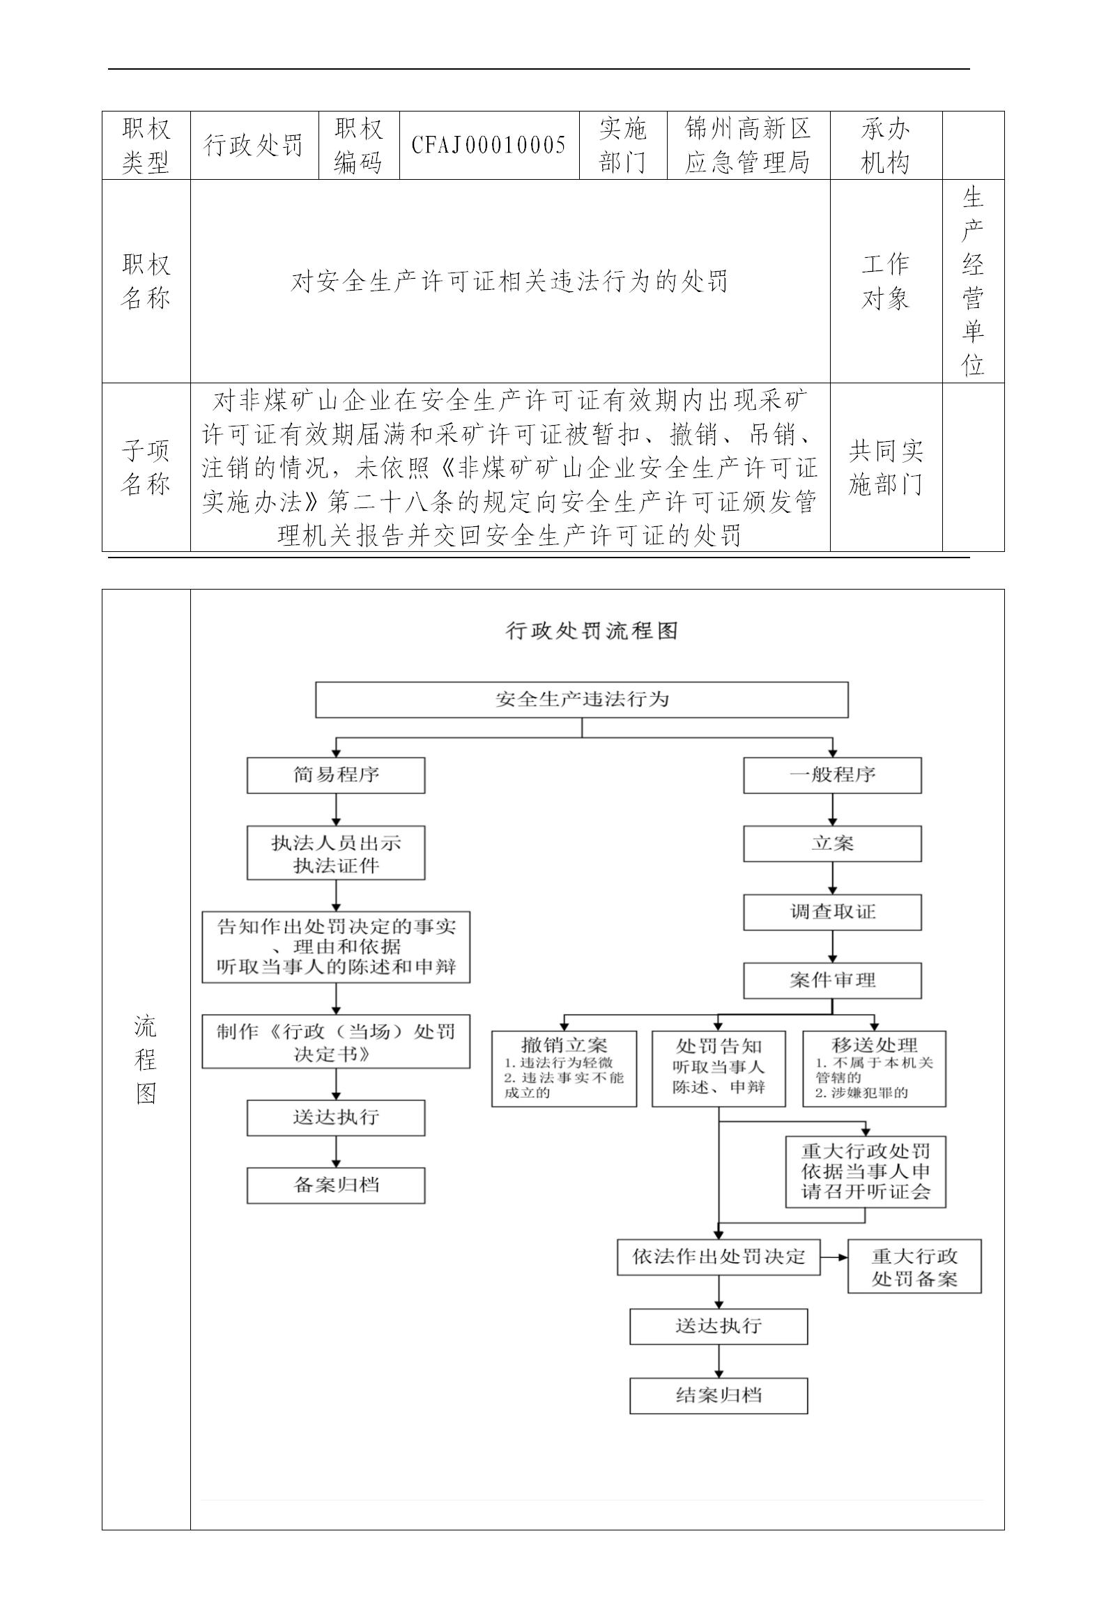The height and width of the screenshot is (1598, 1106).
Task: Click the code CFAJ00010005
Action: pyautogui.click(x=489, y=145)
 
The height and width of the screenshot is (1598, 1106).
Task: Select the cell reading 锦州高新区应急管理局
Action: pyautogui.click(x=748, y=145)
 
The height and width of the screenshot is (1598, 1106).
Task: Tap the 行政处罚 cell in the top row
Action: pyautogui.click(x=254, y=145)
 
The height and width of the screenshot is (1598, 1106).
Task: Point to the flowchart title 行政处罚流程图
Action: pyautogui.click(x=591, y=631)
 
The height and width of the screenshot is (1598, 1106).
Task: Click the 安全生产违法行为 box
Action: pyautogui.click(x=581, y=699)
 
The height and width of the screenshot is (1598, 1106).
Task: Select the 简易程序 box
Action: pyautogui.click(x=335, y=775)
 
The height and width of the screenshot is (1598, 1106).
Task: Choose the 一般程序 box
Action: pyautogui.click(x=831, y=775)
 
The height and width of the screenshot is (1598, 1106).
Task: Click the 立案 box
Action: pyautogui.click(x=831, y=843)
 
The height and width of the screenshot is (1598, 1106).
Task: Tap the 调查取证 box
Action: pyautogui.click(x=831, y=912)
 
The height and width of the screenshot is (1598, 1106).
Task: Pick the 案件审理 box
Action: pyautogui.click(x=831, y=980)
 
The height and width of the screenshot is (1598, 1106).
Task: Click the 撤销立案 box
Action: pyautogui.click(x=564, y=1068)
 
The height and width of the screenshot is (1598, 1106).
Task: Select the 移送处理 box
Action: pyautogui.click(x=874, y=1068)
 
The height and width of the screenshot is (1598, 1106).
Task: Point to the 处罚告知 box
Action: pyautogui.click(x=718, y=1068)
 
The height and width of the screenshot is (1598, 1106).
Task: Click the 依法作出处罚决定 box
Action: pyautogui.click(x=718, y=1257)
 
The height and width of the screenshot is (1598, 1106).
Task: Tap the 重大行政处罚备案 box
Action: pyautogui.click(x=914, y=1266)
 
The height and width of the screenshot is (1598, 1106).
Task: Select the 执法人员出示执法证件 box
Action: pyautogui.click(x=335, y=853)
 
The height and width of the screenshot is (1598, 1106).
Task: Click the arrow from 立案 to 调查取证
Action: pyautogui.click(x=832, y=878)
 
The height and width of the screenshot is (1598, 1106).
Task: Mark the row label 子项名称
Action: pyautogui.click(x=146, y=467)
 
